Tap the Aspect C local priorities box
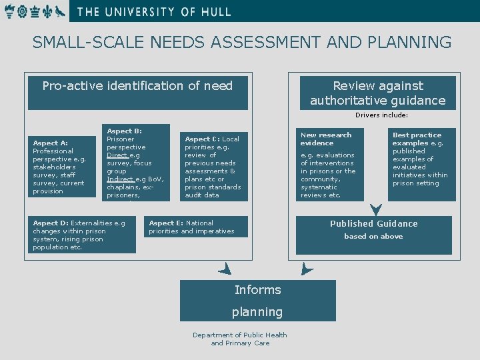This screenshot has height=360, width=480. point(213,167)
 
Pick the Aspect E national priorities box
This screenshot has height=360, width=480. point(195,227)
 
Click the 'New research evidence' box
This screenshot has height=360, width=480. point(330,164)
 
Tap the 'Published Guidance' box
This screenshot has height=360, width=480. point(374,235)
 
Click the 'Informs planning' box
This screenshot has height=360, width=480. point(258,301)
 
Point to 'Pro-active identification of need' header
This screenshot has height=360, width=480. point(137,93)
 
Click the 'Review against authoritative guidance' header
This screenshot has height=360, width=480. point(378,93)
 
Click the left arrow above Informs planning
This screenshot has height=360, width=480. point(225,269)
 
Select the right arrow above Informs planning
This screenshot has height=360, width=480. point(306,269)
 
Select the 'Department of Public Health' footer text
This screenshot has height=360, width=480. point(240,335)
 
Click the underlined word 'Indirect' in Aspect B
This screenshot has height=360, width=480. point(120,179)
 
